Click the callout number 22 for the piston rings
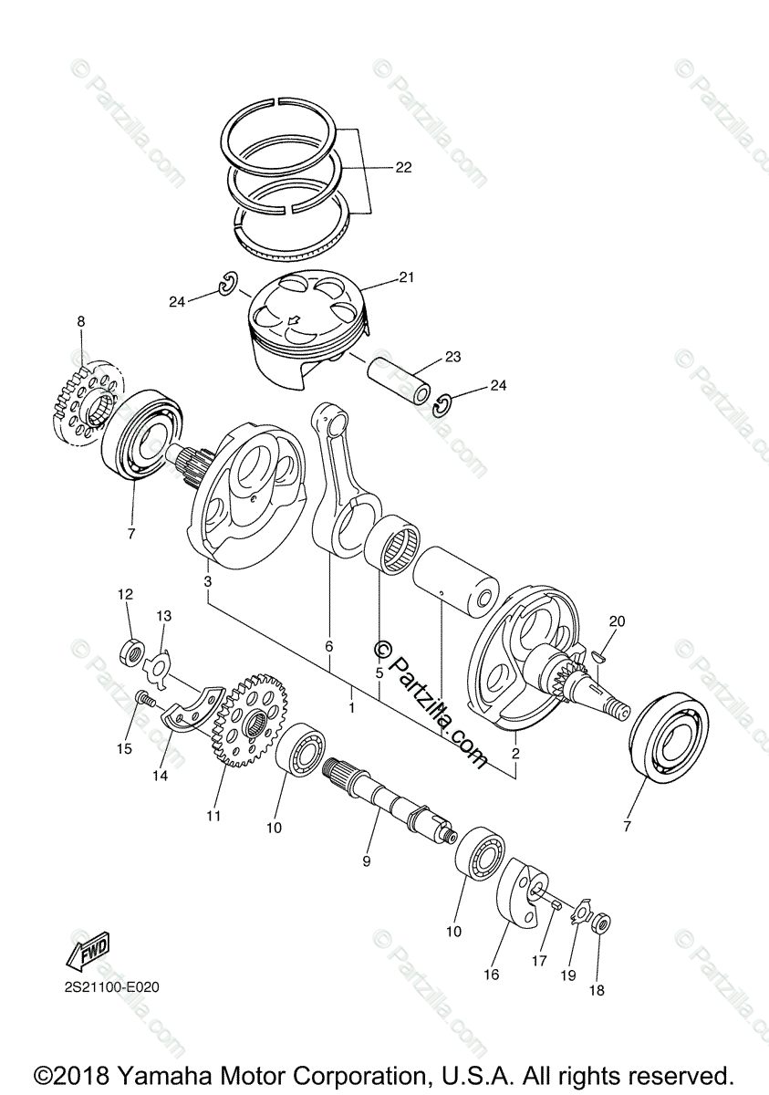403,168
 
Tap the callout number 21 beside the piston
405,278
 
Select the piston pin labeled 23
400,381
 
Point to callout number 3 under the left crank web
208,581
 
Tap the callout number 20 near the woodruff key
618,621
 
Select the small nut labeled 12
131,651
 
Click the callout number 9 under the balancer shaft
366,860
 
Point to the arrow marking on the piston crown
294,321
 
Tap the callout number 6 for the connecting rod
329,646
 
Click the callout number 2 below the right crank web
515,754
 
